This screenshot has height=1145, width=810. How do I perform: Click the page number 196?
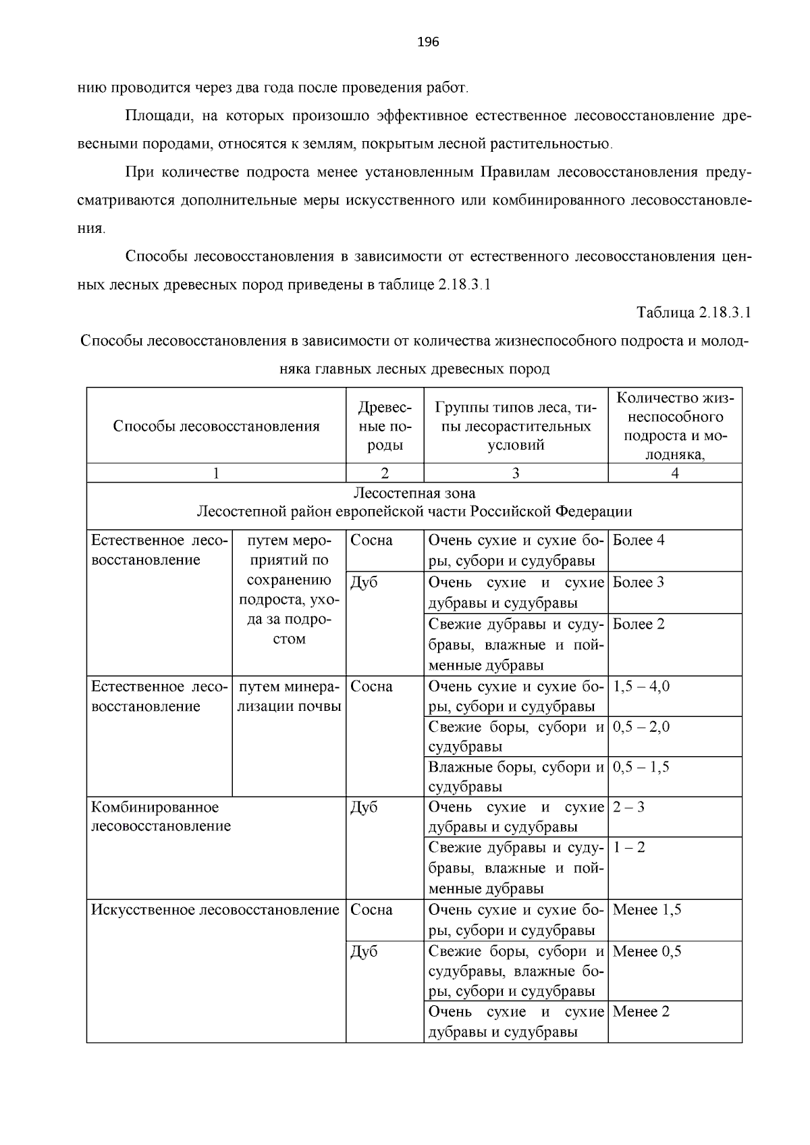[428, 43]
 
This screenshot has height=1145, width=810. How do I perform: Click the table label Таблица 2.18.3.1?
[694, 313]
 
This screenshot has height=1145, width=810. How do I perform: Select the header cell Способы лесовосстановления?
[216, 426]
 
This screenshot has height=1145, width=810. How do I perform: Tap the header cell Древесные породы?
[385, 426]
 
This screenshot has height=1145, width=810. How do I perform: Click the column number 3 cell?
[516, 473]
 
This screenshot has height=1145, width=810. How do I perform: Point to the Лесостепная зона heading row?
[414, 502]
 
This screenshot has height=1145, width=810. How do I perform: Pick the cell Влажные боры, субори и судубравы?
[516, 777]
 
